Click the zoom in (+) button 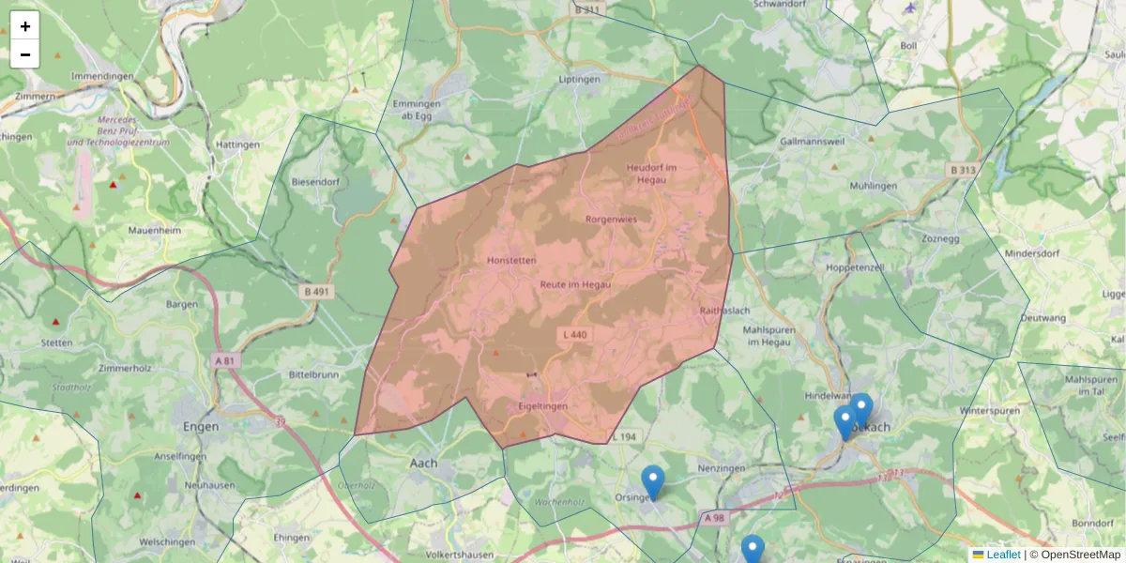[25, 26]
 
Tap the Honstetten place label [512, 260]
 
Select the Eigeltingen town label [543, 406]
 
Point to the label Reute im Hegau [575, 284]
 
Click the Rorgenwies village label [611, 220]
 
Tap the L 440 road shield [576, 334]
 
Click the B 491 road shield [317, 292]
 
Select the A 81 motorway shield [224, 360]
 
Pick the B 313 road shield [963, 170]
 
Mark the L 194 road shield [624, 437]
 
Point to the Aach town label [424, 463]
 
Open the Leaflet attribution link [1003, 555]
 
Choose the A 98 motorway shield [714, 517]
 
